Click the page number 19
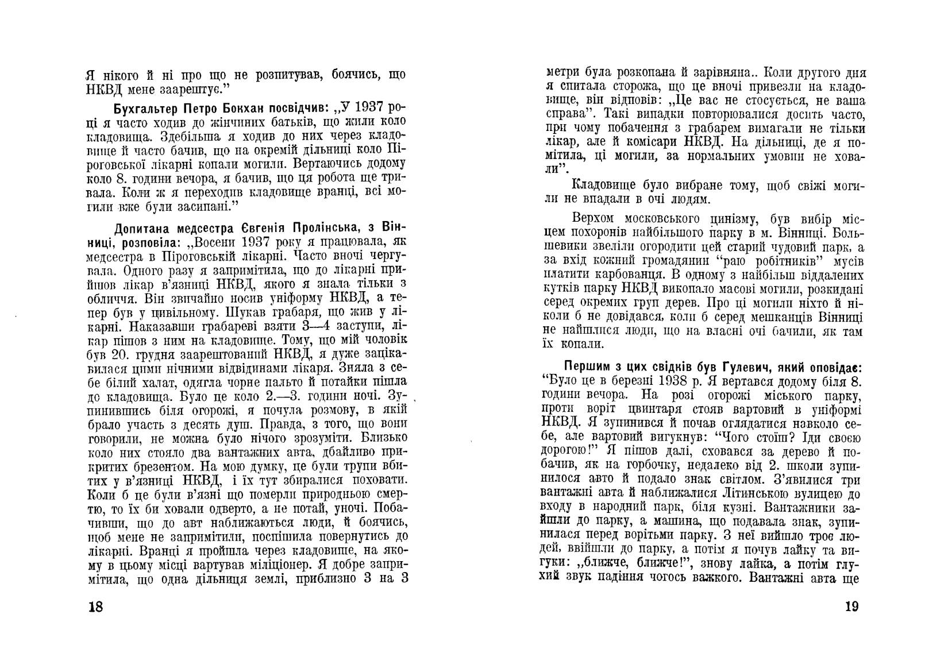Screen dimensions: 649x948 tap(850, 606)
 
